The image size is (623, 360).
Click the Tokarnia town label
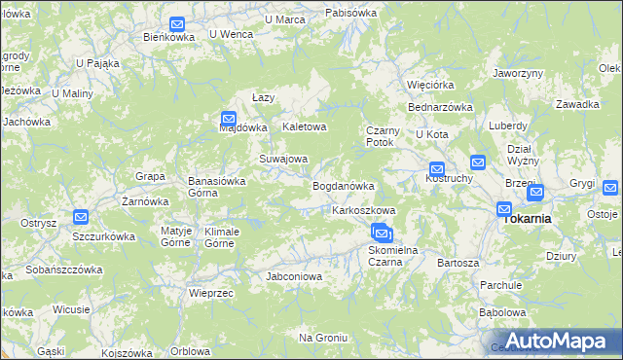point(526,219)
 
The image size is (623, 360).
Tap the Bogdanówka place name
point(343,186)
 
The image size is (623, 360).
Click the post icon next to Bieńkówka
point(177,24)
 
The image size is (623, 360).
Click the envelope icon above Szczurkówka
point(81,218)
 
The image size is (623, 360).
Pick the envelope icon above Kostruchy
point(437,168)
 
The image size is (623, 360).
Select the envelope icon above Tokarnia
point(504,208)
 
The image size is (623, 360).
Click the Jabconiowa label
point(294,276)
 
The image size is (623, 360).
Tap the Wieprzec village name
point(210,292)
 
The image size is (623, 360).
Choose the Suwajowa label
point(282,159)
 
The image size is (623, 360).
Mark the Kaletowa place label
point(304,127)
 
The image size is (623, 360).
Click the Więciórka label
point(431,84)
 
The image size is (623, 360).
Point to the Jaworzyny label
point(517,73)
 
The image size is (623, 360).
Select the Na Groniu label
point(323,337)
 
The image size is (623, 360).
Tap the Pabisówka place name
point(350,13)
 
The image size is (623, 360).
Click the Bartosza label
point(458,263)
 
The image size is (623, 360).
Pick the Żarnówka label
point(145,201)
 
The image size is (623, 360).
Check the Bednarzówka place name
point(440,107)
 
